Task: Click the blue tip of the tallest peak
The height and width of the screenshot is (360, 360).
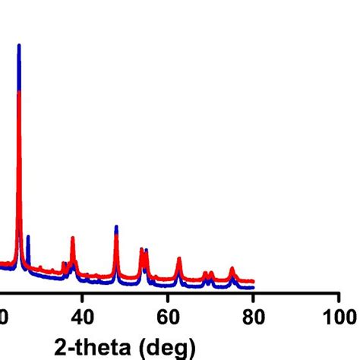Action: pos(19,46)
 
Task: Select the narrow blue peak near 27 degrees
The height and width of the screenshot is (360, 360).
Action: pos(28,238)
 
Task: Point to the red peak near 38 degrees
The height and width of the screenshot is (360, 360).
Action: pos(73,240)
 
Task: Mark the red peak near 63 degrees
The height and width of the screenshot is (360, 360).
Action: pos(178,260)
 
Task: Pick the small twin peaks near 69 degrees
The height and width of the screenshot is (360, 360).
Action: pos(207,273)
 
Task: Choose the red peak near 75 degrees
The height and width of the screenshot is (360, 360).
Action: pos(232,269)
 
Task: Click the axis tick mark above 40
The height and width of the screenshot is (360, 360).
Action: pos(84,297)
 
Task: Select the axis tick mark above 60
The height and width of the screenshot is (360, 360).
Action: pos(169,297)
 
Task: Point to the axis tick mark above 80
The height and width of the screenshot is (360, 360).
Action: pos(254,297)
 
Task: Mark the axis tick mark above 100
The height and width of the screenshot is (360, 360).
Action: pos(338,297)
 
